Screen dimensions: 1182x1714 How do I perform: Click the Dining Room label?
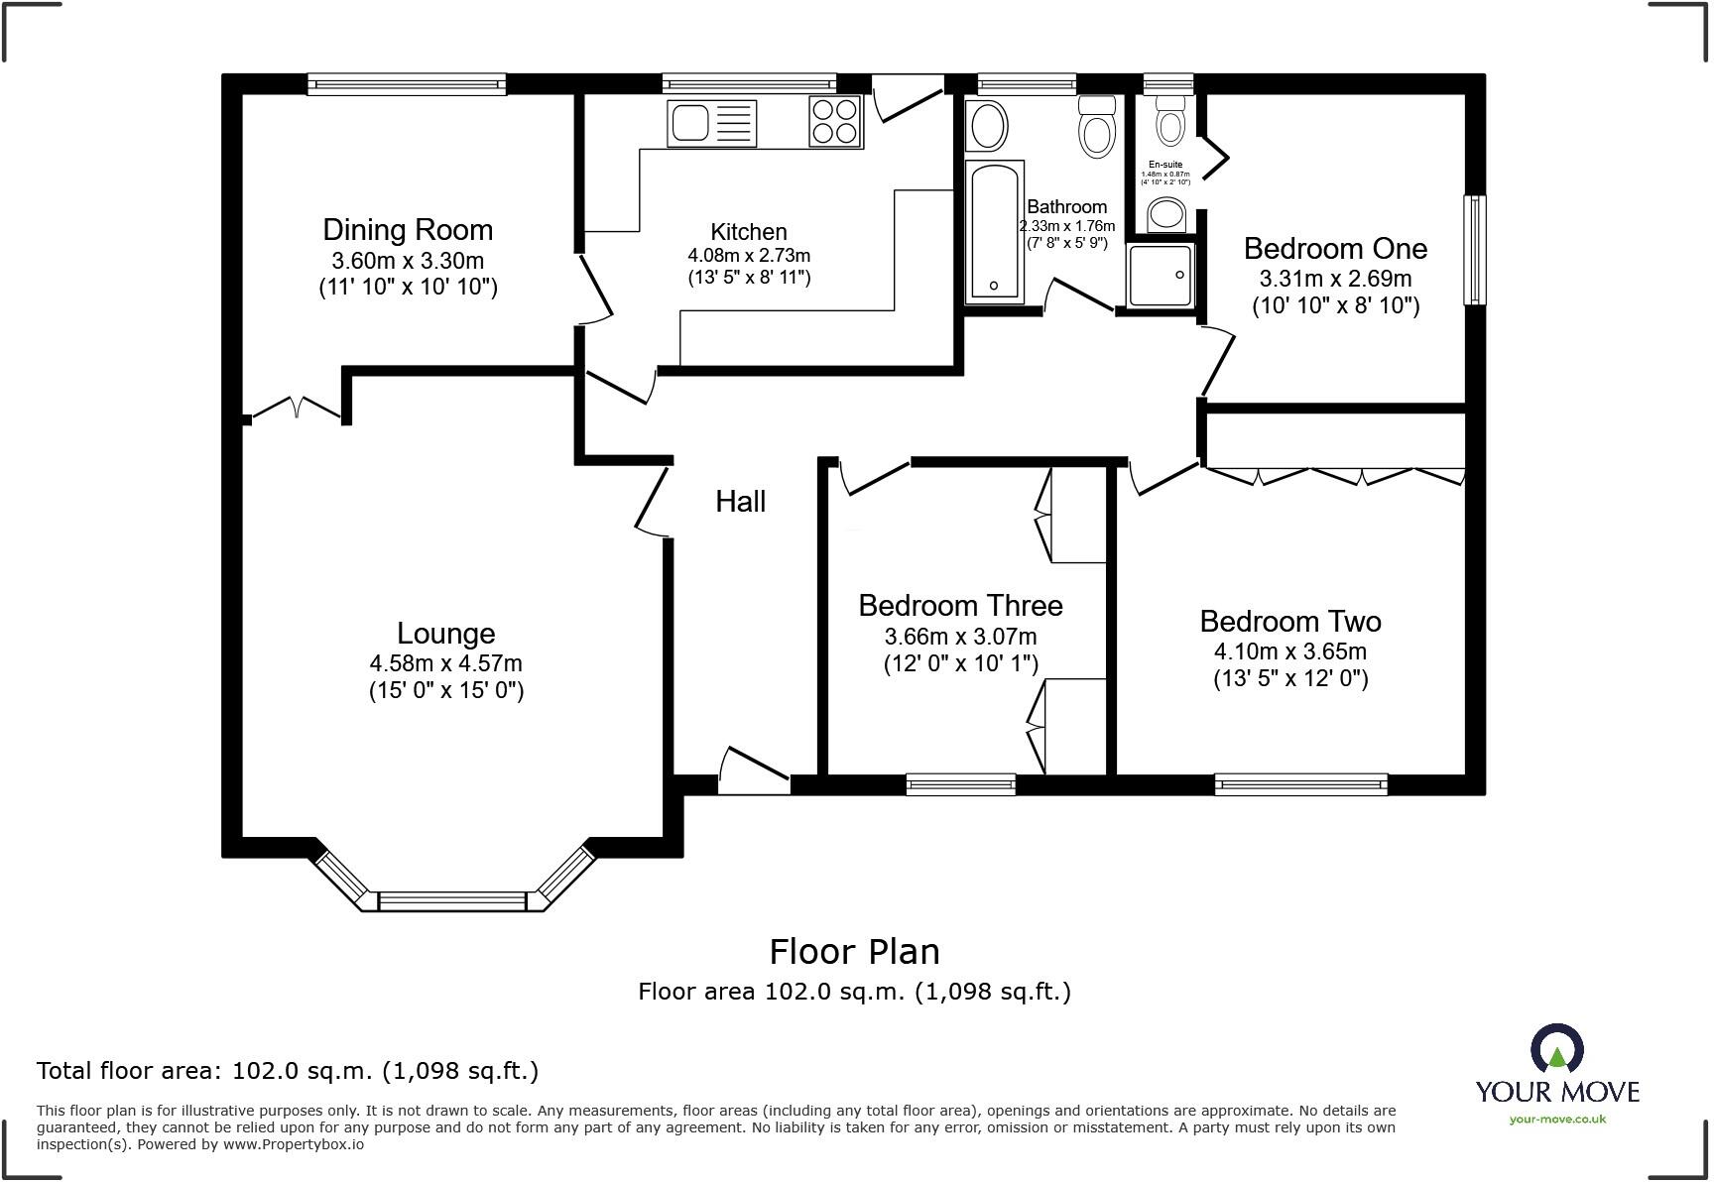tap(408, 230)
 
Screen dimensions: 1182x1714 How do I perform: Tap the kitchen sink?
tap(711, 123)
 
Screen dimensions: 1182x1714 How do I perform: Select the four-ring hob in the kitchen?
tap(835, 122)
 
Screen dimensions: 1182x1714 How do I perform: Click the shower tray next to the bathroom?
tap(1161, 275)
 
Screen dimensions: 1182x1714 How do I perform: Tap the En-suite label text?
tap(1165, 165)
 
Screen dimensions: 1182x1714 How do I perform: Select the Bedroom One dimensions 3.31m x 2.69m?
tap(1335, 279)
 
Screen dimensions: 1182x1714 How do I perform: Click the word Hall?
tap(740, 502)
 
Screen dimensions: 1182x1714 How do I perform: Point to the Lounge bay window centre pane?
tap(451, 900)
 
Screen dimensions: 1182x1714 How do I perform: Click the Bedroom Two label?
tap(1289, 622)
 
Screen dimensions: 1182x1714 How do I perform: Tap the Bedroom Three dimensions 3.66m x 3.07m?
tap(960, 637)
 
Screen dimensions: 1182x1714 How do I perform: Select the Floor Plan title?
tap(854, 952)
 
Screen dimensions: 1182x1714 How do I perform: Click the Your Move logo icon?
tap(1556, 1048)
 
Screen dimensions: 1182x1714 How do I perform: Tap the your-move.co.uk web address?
tap(1557, 1120)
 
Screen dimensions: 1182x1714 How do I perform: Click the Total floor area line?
tap(288, 1071)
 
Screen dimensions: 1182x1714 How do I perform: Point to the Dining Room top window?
tap(407, 84)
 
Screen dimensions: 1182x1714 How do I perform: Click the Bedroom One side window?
tap(1475, 250)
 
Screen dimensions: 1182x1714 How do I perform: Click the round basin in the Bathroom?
tap(987, 126)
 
